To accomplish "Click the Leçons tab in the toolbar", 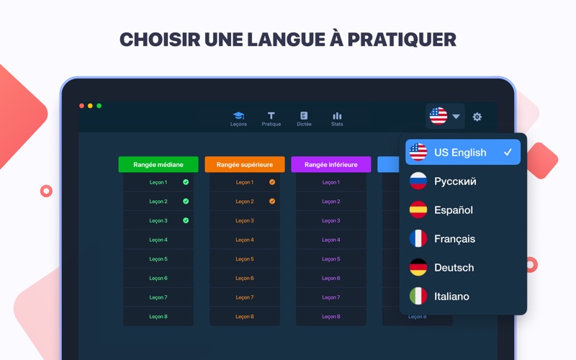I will [238, 119].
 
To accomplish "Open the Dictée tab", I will [304, 119].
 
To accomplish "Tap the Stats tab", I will [337, 119].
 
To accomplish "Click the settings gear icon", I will [477, 117].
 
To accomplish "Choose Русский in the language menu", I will [455, 181].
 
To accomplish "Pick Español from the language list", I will [454, 210].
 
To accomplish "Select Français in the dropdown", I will [454, 239].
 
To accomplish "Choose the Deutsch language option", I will [454, 268].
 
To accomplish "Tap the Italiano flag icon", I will [418, 296].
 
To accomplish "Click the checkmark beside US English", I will [508, 152].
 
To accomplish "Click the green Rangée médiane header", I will [158, 165].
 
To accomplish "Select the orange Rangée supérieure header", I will [245, 165].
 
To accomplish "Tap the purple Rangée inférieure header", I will [331, 165].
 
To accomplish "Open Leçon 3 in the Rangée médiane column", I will [158, 220].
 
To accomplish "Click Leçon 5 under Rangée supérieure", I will [245, 259].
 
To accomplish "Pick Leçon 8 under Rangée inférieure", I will [331, 317].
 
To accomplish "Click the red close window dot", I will [81, 106].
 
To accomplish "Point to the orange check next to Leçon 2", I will [272, 202].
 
